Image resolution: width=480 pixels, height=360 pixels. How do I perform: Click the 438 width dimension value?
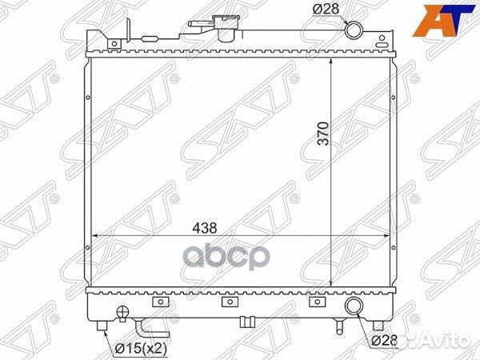click(x=205, y=228)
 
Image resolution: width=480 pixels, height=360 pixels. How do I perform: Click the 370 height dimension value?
click(x=323, y=134)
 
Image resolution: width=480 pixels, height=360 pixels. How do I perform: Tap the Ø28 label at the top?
click(x=326, y=9)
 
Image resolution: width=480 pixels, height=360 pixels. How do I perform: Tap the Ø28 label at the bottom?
click(x=385, y=340)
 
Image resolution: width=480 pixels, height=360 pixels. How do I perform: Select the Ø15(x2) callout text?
click(x=141, y=348)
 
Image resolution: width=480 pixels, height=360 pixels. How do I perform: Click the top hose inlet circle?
click(x=354, y=30)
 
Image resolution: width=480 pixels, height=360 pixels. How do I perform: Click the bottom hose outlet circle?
click(x=354, y=306)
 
